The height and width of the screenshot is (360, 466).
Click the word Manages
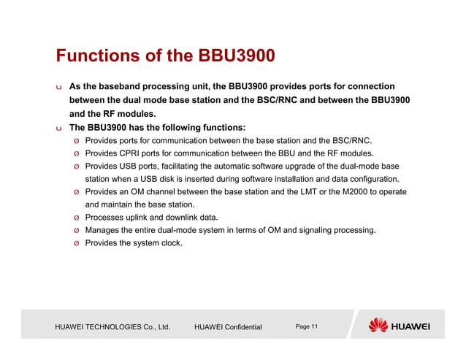(103, 230)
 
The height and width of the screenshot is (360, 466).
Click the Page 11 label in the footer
(306, 326)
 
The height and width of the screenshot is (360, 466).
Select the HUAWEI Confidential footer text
(228, 326)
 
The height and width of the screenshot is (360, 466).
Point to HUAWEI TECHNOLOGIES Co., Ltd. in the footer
(112, 326)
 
